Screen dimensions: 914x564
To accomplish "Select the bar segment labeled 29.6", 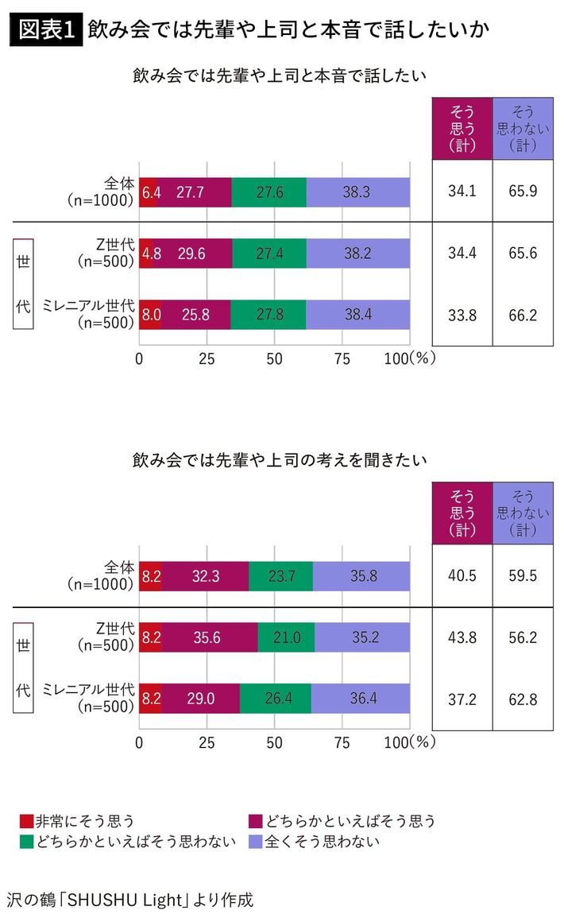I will tap(192, 254).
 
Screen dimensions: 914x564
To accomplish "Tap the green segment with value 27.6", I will tap(268, 192).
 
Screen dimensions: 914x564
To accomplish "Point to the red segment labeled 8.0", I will tap(150, 314).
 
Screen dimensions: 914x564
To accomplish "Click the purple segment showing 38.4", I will tap(358, 314).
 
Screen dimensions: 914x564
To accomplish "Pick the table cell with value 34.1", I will tap(462, 192).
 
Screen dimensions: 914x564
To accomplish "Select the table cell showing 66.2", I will tap(522, 315).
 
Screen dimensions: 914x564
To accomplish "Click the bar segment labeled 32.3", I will tap(205, 576).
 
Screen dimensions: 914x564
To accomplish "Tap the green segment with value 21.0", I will tap(286, 637).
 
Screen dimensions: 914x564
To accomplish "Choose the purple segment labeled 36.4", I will tap(361, 699).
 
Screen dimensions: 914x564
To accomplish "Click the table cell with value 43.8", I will tap(462, 637).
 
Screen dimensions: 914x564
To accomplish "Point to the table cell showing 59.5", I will tap(522, 576).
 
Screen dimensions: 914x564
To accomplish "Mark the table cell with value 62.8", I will tap(522, 699).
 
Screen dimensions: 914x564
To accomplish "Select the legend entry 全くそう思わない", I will tap(313, 841).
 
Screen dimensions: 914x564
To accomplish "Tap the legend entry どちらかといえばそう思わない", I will tap(127, 841).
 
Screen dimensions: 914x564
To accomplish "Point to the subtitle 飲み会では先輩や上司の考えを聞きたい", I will tap(280, 460).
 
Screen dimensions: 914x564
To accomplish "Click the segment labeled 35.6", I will tap(210, 637).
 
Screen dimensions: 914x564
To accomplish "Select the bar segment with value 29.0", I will tap(200, 699).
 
